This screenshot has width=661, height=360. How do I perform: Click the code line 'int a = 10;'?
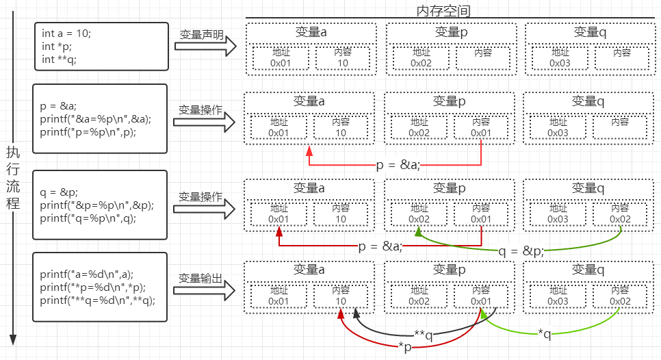66,34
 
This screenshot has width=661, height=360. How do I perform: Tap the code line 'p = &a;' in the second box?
58,105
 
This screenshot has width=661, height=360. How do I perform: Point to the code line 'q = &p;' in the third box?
58,192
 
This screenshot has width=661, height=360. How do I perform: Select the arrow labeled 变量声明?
205,46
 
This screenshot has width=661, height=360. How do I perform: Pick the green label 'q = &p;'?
523,250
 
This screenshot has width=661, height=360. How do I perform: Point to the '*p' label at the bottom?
406,346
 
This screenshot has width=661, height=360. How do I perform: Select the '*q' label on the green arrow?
544,333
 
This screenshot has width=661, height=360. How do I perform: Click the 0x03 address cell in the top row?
560,57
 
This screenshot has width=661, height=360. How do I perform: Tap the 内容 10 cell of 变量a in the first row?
342,57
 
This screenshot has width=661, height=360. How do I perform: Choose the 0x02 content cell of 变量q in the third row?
620,214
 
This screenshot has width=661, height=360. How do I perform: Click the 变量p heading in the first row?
451,31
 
